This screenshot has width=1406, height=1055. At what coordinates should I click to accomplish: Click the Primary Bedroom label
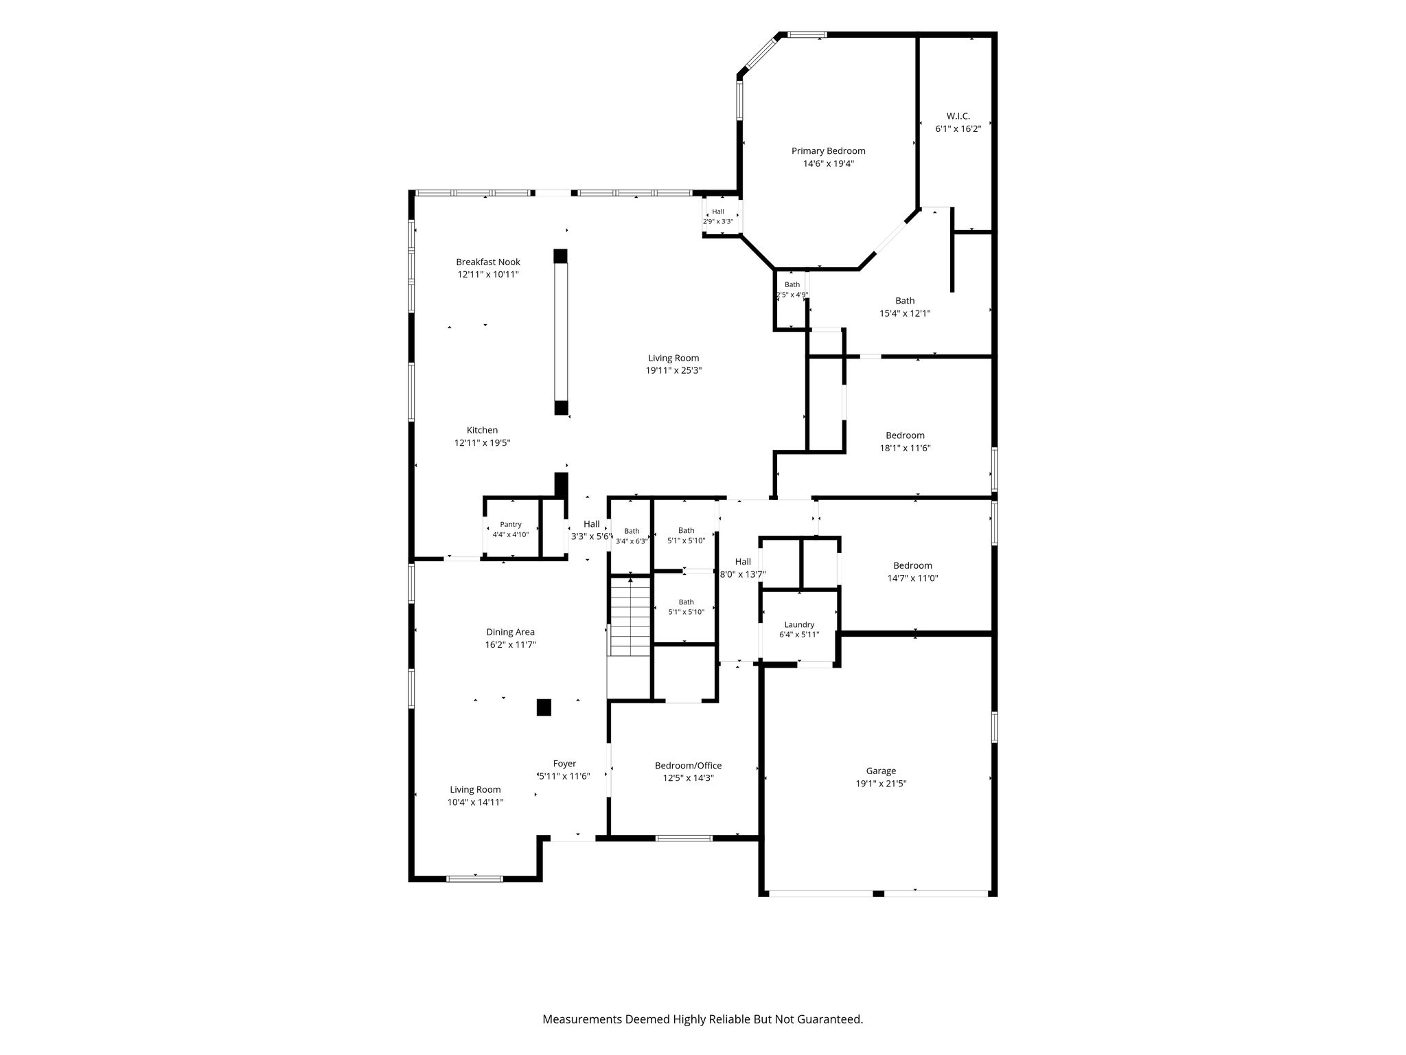point(828,151)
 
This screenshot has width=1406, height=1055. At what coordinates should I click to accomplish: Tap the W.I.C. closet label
point(958,116)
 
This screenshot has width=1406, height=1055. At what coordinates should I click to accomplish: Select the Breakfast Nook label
point(488,262)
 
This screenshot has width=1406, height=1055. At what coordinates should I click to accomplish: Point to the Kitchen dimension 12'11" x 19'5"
point(482,443)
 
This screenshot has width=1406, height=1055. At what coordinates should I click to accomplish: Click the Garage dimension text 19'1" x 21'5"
point(880,784)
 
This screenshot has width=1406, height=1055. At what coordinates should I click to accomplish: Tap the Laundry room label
point(799,625)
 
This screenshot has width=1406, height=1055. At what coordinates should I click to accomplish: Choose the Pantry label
point(511,525)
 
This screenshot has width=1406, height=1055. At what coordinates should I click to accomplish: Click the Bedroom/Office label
point(688,766)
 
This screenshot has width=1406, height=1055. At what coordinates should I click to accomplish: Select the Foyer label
point(564,764)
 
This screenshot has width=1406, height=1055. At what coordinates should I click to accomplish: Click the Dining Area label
point(510,633)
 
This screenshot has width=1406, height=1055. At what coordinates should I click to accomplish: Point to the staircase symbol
point(630,617)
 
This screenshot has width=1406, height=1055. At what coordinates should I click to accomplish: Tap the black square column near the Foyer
point(544,707)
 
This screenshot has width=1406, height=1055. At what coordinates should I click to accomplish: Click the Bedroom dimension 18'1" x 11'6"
point(905,448)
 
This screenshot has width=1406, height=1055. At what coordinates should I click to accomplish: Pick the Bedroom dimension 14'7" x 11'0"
point(912,578)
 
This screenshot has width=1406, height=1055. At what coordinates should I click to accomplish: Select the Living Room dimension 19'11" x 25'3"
point(673,370)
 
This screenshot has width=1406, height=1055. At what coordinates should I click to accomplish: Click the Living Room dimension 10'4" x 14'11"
point(475,802)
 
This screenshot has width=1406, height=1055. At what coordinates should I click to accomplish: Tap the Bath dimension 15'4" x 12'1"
point(905,313)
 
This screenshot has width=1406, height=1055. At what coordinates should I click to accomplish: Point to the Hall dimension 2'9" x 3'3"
point(718,221)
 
